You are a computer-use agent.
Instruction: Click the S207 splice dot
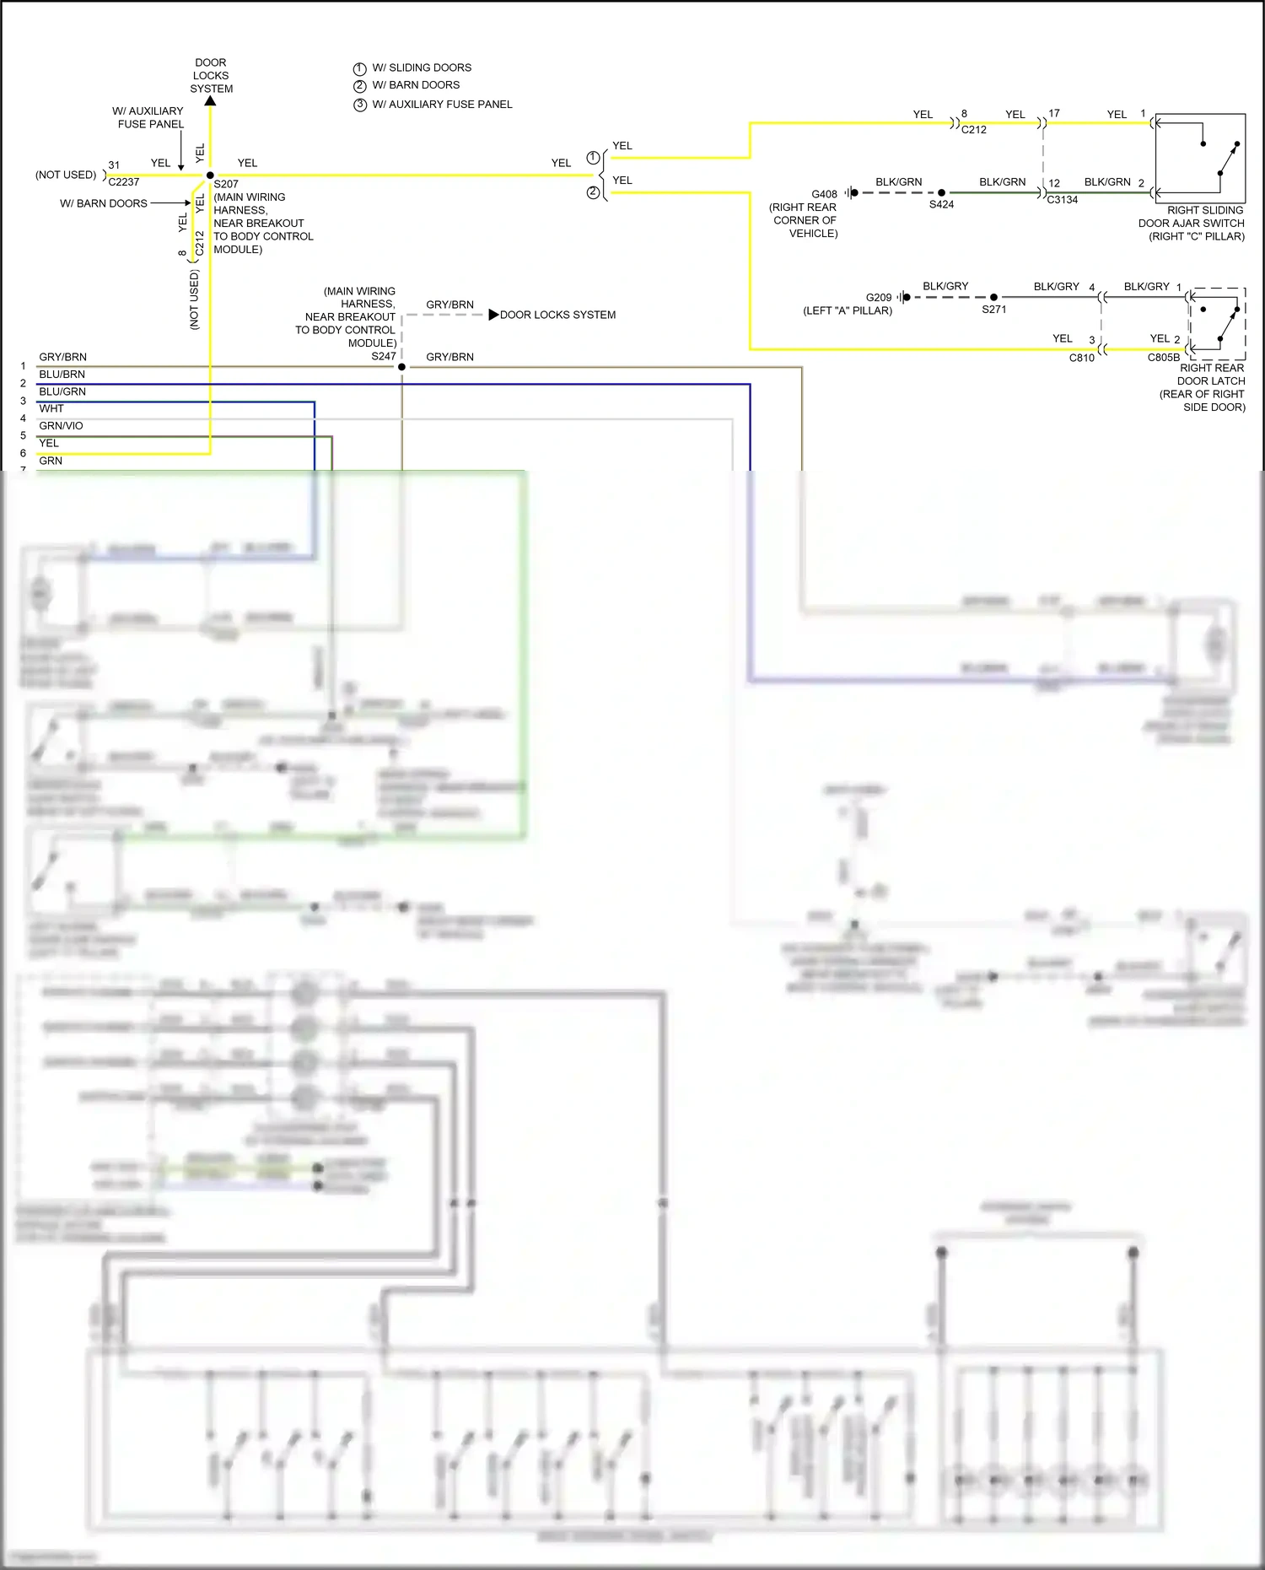[210, 175]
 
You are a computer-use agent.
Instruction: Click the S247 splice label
[384, 356]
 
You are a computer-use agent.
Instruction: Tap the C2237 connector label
[124, 182]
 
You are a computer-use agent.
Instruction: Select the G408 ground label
[824, 194]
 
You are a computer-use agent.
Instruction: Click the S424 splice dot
[941, 193]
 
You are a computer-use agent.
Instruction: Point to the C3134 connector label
[1063, 200]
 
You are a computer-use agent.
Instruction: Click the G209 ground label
[879, 298]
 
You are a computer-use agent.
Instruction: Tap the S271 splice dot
[993, 297]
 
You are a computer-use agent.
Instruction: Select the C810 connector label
[1082, 358]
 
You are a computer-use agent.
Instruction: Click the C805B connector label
[1164, 358]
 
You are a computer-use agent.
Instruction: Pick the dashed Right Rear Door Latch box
[1217, 324]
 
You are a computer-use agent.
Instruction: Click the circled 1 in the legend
[360, 69]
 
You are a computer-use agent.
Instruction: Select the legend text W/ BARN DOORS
[416, 85]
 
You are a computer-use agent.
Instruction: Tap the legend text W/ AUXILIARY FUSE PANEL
[442, 105]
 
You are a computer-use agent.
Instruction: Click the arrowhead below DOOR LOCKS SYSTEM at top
[211, 101]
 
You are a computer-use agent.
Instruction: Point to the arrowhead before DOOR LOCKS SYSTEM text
[493, 315]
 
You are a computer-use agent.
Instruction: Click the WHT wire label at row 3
[51, 408]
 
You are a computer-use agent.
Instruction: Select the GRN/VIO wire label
[62, 426]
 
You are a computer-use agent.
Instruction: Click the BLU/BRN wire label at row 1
[62, 375]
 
